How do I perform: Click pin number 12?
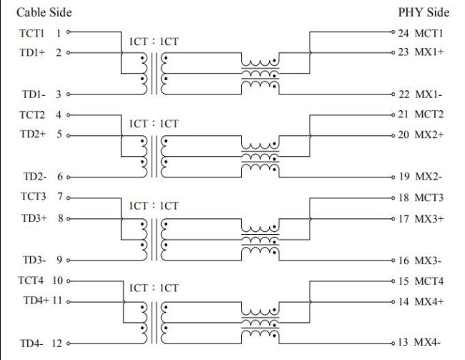(x=57, y=342)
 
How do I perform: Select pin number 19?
(x=404, y=176)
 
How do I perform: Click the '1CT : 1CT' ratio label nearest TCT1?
(x=154, y=42)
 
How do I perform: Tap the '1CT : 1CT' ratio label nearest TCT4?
(x=154, y=288)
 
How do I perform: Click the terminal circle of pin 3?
(x=69, y=94)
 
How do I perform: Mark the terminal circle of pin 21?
(x=393, y=115)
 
